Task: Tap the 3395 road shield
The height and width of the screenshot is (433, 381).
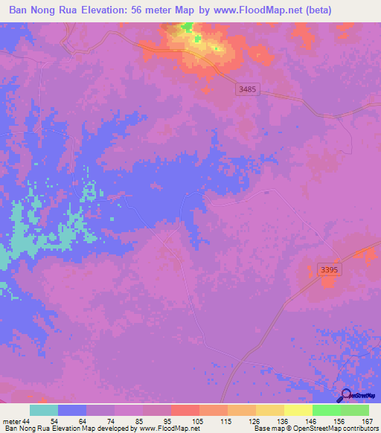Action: [327, 269]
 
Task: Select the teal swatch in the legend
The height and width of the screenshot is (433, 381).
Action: [44, 410]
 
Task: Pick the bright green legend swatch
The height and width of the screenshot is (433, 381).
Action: [326, 410]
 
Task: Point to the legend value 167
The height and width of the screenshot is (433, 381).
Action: [366, 420]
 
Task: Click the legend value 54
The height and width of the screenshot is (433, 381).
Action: [43, 420]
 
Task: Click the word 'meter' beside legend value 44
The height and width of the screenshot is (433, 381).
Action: [13, 420]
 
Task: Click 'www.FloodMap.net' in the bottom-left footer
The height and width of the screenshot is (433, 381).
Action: [166, 429]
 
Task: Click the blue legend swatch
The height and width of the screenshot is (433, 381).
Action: [72, 410]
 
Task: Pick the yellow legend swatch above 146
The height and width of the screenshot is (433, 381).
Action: [298, 410]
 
